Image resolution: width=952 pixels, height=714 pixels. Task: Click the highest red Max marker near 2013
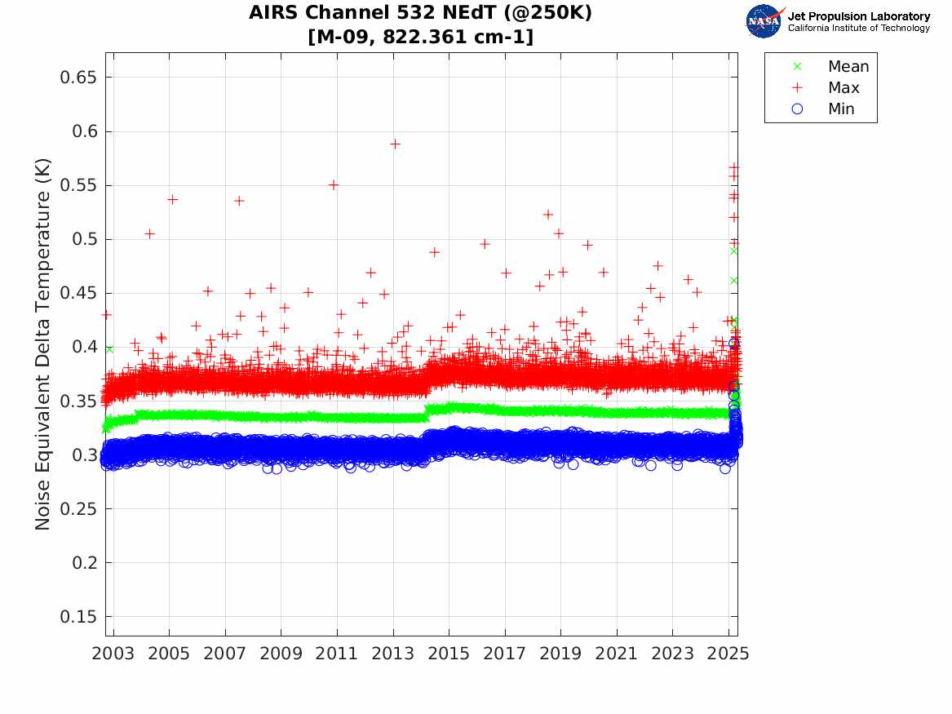[395, 144]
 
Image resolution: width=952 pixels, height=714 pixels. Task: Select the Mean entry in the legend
[848, 67]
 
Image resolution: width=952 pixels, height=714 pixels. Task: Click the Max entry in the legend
[843, 88]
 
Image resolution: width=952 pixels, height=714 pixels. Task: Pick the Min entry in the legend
[841, 109]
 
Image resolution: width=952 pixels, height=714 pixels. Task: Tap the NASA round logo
[764, 21]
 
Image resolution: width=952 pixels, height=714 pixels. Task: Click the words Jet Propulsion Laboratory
[859, 16]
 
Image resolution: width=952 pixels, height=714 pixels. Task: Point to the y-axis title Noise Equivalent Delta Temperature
[43, 344]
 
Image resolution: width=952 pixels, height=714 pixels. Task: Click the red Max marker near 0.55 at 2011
[333, 184]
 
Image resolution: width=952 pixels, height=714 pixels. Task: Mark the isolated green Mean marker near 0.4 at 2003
[109, 348]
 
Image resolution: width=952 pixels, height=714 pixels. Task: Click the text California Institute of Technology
[859, 29]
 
